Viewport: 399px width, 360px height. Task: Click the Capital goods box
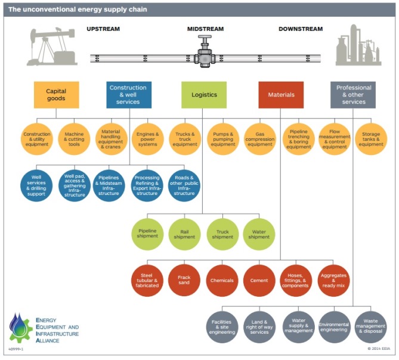(x=57, y=95)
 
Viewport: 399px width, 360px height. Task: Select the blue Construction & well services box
(x=129, y=95)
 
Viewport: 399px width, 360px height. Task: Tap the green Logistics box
(x=204, y=95)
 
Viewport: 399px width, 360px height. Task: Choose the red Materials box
(x=281, y=95)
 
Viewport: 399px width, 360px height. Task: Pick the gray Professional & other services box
(x=354, y=95)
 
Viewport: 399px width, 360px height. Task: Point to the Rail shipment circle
(x=185, y=233)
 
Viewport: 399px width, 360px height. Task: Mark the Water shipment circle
(x=259, y=233)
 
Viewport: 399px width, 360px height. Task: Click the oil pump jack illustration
(x=51, y=46)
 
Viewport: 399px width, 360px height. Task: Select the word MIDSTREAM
(x=205, y=29)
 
